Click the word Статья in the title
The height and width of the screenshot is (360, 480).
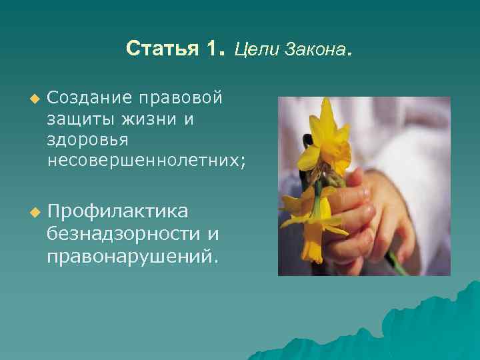click(161, 49)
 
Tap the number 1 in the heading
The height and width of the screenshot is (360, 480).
click(213, 49)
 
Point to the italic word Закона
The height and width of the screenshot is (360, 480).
click(314, 50)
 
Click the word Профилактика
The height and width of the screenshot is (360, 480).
click(117, 211)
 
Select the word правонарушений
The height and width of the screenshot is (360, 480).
click(131, 255)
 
